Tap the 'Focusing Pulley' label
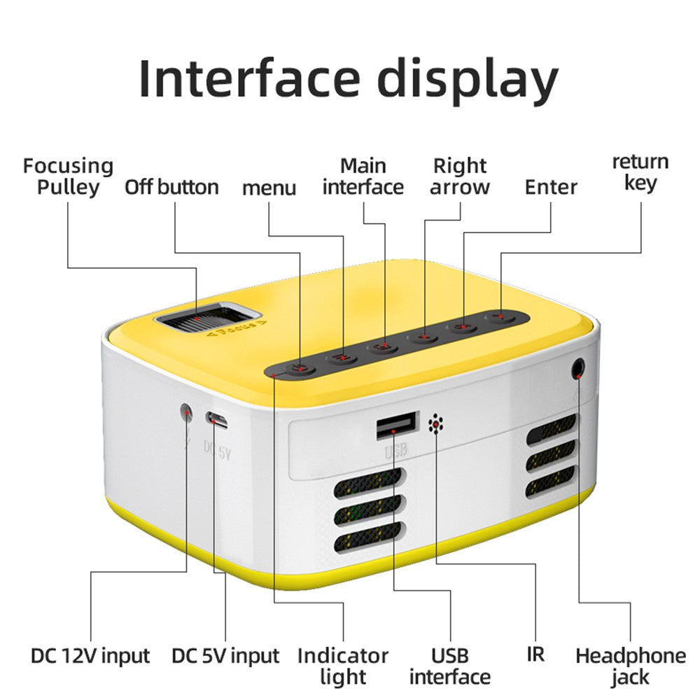click(68, 176)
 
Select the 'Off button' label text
click(171, 187)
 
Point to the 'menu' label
click(269, 188)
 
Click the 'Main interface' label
click(363, 176)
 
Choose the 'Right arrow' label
click(460, 176)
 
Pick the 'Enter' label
click(551, 187)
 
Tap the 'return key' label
click(640, 172)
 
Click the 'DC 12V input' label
click(90, 656)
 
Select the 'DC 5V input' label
click(225, 656)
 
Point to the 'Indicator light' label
click(343, 666)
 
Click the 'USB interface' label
click(449, 666)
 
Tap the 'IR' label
click(535, 654)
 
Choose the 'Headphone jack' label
click(630, 666)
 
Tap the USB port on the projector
click(397, 426)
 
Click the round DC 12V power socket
click(187, 412)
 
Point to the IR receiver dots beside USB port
click(436, 423)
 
